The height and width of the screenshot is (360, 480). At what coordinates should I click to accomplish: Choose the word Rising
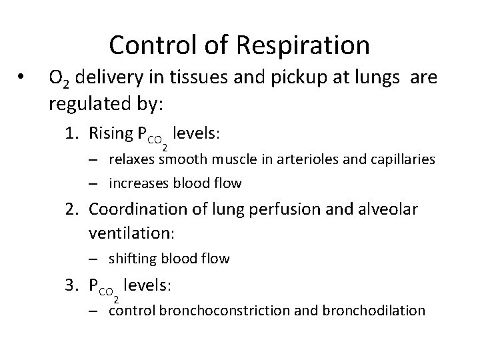(x=111, y=134)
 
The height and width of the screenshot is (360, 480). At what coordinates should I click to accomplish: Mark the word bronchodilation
(x=374, y=311)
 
